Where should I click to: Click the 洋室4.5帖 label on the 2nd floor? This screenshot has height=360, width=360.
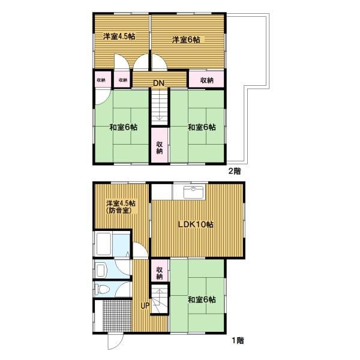119,37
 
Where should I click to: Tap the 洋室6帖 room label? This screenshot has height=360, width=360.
186,40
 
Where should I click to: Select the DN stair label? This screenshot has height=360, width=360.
158,83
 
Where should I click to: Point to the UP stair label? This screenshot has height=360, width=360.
145,305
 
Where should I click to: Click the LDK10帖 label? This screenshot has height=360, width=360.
196,224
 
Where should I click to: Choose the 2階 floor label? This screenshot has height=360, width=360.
235,171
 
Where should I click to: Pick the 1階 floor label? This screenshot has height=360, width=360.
238,340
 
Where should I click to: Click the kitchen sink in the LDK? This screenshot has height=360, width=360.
193,193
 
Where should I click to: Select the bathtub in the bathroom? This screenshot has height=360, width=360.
103,244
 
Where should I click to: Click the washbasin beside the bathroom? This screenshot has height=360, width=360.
101,271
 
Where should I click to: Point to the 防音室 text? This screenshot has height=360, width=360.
119,211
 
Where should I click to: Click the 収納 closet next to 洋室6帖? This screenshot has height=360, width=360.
206,79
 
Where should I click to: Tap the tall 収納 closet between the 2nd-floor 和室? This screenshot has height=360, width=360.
160,145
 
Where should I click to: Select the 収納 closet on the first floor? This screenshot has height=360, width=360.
160,271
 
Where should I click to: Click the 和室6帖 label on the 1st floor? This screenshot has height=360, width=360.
202,300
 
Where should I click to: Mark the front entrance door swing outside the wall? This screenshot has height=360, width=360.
116,343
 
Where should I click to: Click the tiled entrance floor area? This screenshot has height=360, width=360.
117,316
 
